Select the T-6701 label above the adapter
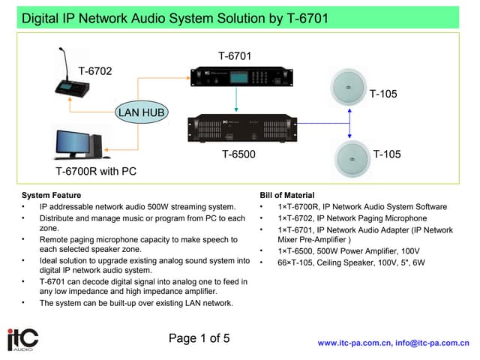point(235,56)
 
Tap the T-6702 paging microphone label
point(96,71)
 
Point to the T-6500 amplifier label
point(239,154)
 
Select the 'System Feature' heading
point(52,195)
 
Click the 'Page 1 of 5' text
point(199,338)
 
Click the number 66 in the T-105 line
point(282,262)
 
